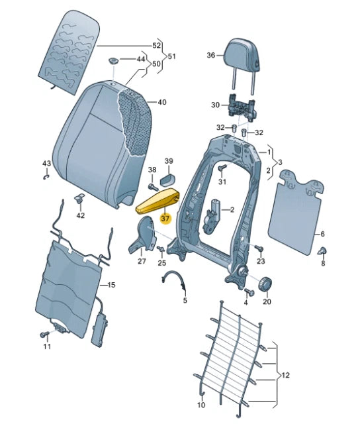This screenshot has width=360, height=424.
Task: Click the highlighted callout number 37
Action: (x=165, y=216)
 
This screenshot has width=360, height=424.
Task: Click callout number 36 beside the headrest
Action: (x=211, y=56)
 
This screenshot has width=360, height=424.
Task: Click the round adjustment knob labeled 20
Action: (x=265, y=285)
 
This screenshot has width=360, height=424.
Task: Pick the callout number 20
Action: (x=267, y=302)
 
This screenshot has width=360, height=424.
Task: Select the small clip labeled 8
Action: (x=324, y=250)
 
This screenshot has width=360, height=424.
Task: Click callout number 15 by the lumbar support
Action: (x=111, y=285)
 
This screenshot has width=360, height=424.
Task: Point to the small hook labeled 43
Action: (x=46, y=176)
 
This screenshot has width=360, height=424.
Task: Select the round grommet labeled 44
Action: (x=113, y=62)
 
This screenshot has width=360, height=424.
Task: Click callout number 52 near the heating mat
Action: (x=156, y=46)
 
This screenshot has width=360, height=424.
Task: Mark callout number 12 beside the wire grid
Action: (x=286, y=376)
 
